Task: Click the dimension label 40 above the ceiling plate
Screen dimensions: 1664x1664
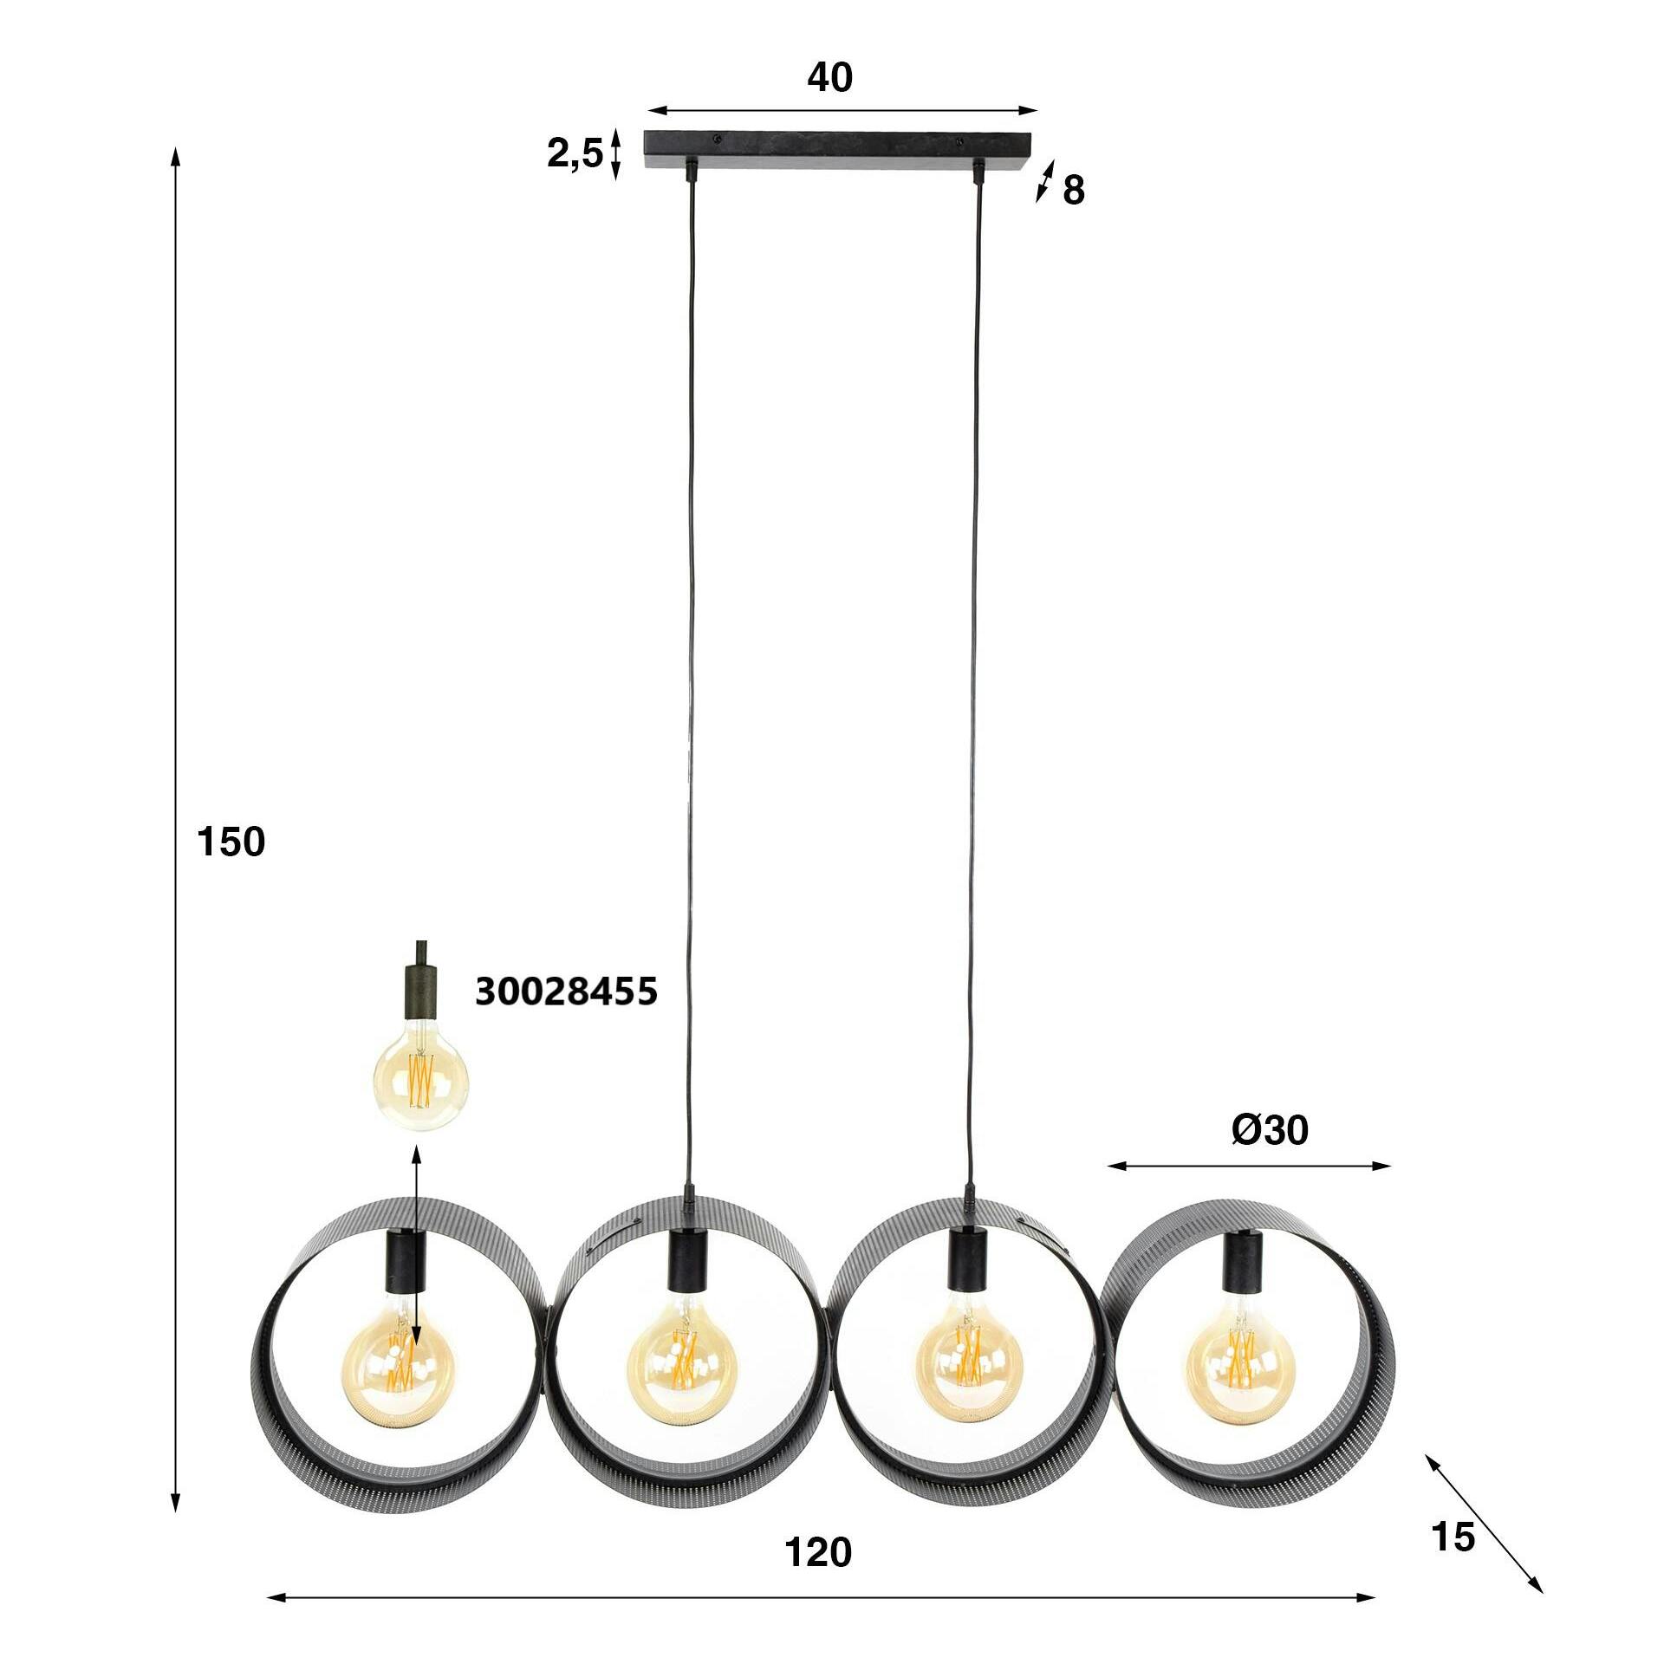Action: point(829,79)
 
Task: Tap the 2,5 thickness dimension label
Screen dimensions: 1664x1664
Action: point(574,155)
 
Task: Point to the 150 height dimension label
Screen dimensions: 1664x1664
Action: point(231,842)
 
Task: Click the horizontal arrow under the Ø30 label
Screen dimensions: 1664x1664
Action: point(1249,1166)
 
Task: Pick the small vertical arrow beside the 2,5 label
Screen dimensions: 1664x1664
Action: point(615,154)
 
